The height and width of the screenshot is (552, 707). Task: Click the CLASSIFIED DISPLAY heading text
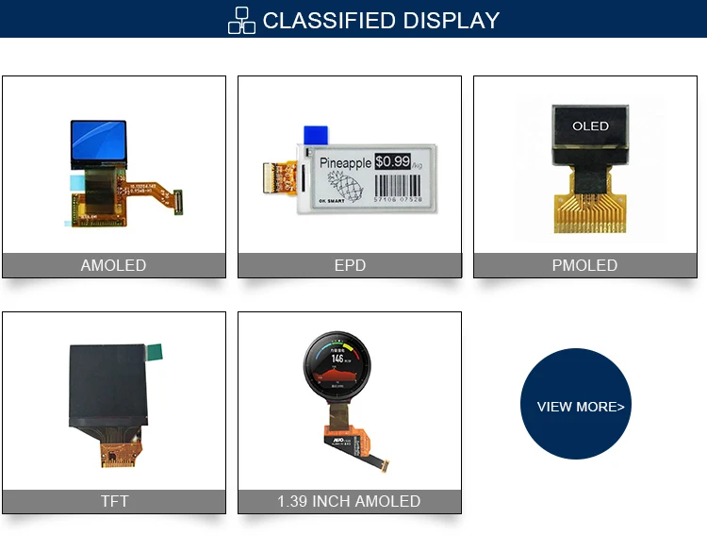tap(381, 20)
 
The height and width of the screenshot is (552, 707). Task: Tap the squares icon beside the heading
tap(242, 20)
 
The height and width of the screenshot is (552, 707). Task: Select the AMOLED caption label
tap(113, 265)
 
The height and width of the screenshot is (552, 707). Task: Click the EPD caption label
tap(350, 265)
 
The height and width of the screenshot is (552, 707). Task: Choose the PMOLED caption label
tap(584, 265)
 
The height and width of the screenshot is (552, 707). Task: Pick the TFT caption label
tap(114, 501)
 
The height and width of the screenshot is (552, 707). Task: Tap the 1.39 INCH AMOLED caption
tap(349, 501)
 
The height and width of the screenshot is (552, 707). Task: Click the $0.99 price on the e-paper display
tap(392, 161)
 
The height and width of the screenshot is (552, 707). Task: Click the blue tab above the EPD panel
tap(314, 135)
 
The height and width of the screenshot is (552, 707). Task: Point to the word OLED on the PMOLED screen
tap(591, 125)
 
